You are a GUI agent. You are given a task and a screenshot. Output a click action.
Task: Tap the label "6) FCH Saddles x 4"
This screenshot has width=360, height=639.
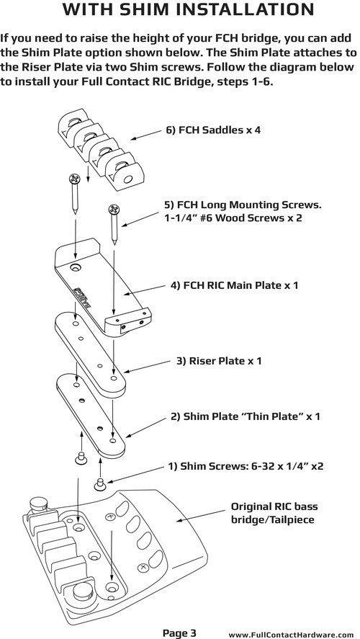pyautogui.click(x=213, y=130)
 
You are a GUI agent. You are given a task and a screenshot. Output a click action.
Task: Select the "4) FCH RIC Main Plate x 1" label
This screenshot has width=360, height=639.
pyautogui.click(x=234, y=285)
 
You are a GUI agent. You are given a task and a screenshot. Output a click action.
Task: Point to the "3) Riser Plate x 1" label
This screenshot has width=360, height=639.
pyautogui.click(x=219, y=361)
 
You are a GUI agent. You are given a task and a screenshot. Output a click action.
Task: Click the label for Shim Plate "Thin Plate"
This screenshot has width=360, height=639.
pyautogui.click(x=246, y=416)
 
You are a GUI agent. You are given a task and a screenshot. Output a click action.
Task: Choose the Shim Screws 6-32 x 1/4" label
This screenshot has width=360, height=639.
pyautogui.click(x=246, y=466)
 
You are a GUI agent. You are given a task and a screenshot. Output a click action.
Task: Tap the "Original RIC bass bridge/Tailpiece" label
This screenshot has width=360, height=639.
pyautogui.click(x=274, y=513)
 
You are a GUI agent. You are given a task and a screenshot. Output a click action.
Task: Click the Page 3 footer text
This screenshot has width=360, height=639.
pyautogui.click(x=179, y=633)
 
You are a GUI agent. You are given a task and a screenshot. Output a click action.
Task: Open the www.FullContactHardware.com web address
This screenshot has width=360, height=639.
pyautogui.click(x=291, y=635)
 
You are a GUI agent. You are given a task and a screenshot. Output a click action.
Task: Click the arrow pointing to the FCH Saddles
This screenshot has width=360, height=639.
pyautogui.click(x=145, y=135)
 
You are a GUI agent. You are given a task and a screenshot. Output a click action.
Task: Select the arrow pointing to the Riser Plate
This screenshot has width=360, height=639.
pyautogui.click(x=147, y=366)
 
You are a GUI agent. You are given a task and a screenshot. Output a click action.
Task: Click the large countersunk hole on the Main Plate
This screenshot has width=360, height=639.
pyautogui.click(x=75, y=268)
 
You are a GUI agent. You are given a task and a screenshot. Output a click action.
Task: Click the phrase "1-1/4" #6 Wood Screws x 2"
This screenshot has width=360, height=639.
pyautogui.click(x=233, y=218)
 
